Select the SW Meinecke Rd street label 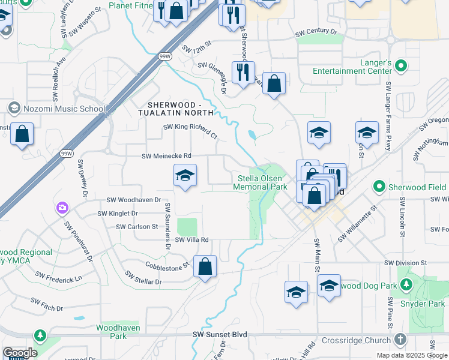tap(166, 156)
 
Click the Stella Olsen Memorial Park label tap(262, 183)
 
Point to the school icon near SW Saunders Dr tap(185, 176)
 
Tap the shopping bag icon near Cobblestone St tap(205, 267)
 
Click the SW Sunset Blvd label tap(220, 334)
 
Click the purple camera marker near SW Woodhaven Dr tap(62, 209)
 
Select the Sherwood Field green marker tap(379, 187)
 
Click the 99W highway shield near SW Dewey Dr tap(67, 154)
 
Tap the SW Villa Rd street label tap(191, 239)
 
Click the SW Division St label tap(406, 263)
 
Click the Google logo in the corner tap(20, 353)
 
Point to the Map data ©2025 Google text tap(412, 355)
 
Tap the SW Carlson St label tap(137, 227)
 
